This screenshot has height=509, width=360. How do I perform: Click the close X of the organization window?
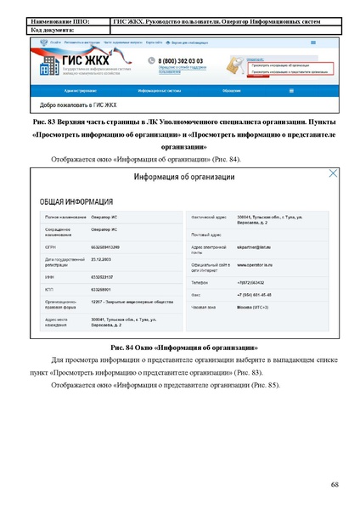click(x=333, y=172)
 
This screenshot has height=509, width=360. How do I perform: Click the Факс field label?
click(x=200, y=294)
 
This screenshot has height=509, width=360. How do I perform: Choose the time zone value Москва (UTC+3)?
click(x=256, y=307)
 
